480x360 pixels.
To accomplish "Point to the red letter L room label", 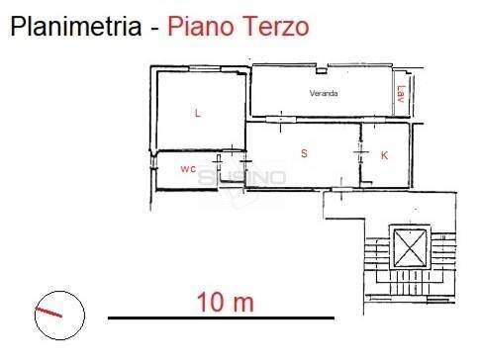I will click(x=198, y=114).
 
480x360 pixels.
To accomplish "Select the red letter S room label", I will click(x=304, y=153).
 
